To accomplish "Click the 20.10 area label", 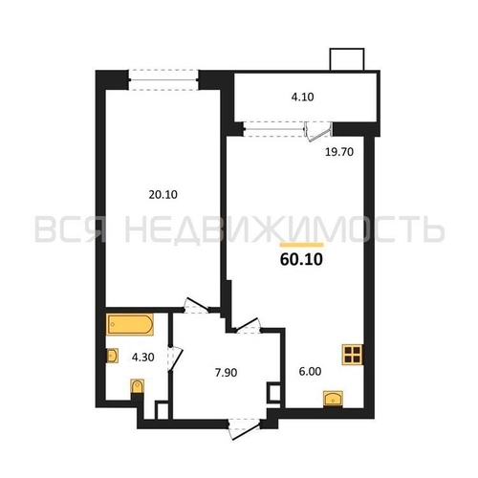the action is click(163, 194).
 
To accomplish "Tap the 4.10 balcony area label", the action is click(302, 97).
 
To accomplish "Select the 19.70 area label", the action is click(339, 152).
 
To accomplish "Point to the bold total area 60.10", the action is click(301, 259).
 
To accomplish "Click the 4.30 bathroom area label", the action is click(143, 358).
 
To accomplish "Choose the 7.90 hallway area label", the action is click(226, 372).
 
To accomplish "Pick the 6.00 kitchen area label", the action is click(310, 371).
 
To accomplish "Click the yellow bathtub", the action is click(130, 324).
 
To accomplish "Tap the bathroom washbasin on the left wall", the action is click(112, 356).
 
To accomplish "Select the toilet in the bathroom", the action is click(138, 386).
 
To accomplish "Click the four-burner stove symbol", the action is click(353, 355).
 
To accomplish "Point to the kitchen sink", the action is click(333, 399).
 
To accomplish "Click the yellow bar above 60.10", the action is click(301, 245).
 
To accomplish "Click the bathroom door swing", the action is click(175, 358).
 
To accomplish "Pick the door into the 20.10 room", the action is click(196, 306).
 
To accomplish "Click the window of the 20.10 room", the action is click(163, 79).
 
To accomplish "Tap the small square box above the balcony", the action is click(347, 59).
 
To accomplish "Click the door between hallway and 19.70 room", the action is click(248, 326).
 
